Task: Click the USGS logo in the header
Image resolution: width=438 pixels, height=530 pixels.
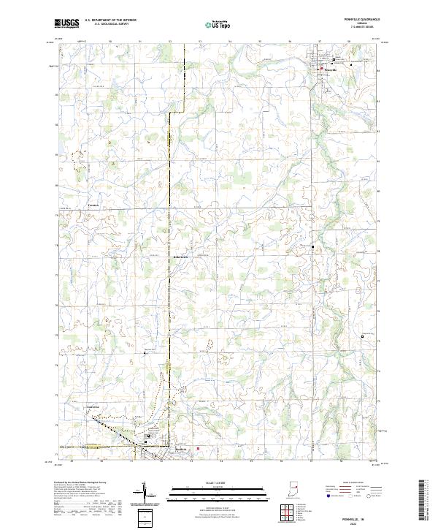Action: [x=66, y=23]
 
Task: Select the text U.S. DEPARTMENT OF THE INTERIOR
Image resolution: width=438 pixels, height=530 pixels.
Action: [x=109, y=21]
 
